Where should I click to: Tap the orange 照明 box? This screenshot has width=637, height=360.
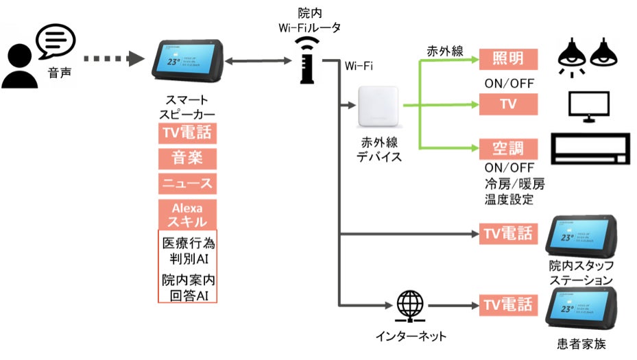[x=508, y=59]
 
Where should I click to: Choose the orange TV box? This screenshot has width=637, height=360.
[x=508, y=104]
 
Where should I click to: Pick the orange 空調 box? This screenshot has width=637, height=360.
[x=508, y=147]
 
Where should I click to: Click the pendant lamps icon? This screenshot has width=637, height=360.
[x=585, y=56]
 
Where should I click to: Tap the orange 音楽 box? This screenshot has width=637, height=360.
[x=188, y=158]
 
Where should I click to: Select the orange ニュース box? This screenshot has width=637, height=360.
[x=188, y=183]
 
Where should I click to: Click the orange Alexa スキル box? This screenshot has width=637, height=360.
[x=188, y=214]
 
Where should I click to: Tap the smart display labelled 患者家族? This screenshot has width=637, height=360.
[x=580, y=309]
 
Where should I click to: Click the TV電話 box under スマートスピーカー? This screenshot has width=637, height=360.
[x=188, y=132]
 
